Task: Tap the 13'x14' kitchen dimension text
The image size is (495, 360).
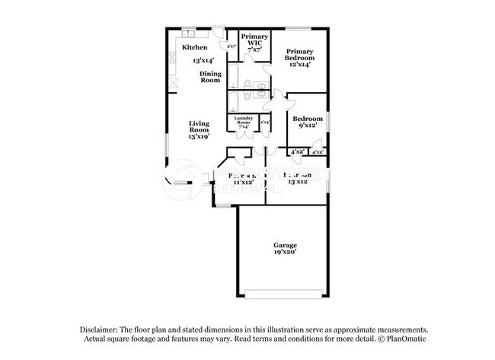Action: [x=203, y=59]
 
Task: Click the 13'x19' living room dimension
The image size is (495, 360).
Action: [x=200, y=137]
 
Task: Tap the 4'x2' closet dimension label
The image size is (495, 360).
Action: [x=298, y=152]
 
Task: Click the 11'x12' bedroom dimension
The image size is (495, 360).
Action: [x=242, y=183]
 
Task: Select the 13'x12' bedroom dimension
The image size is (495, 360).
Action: [x=297, y=183]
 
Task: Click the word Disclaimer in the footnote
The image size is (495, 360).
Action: [x=101, y=329]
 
